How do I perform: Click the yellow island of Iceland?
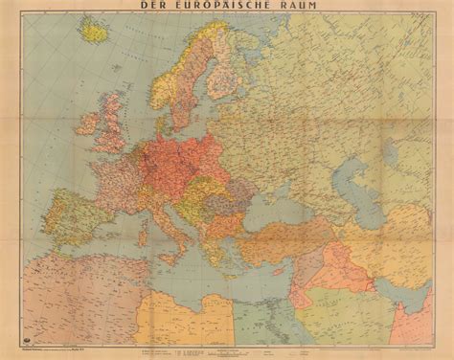[x=94, y=32]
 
